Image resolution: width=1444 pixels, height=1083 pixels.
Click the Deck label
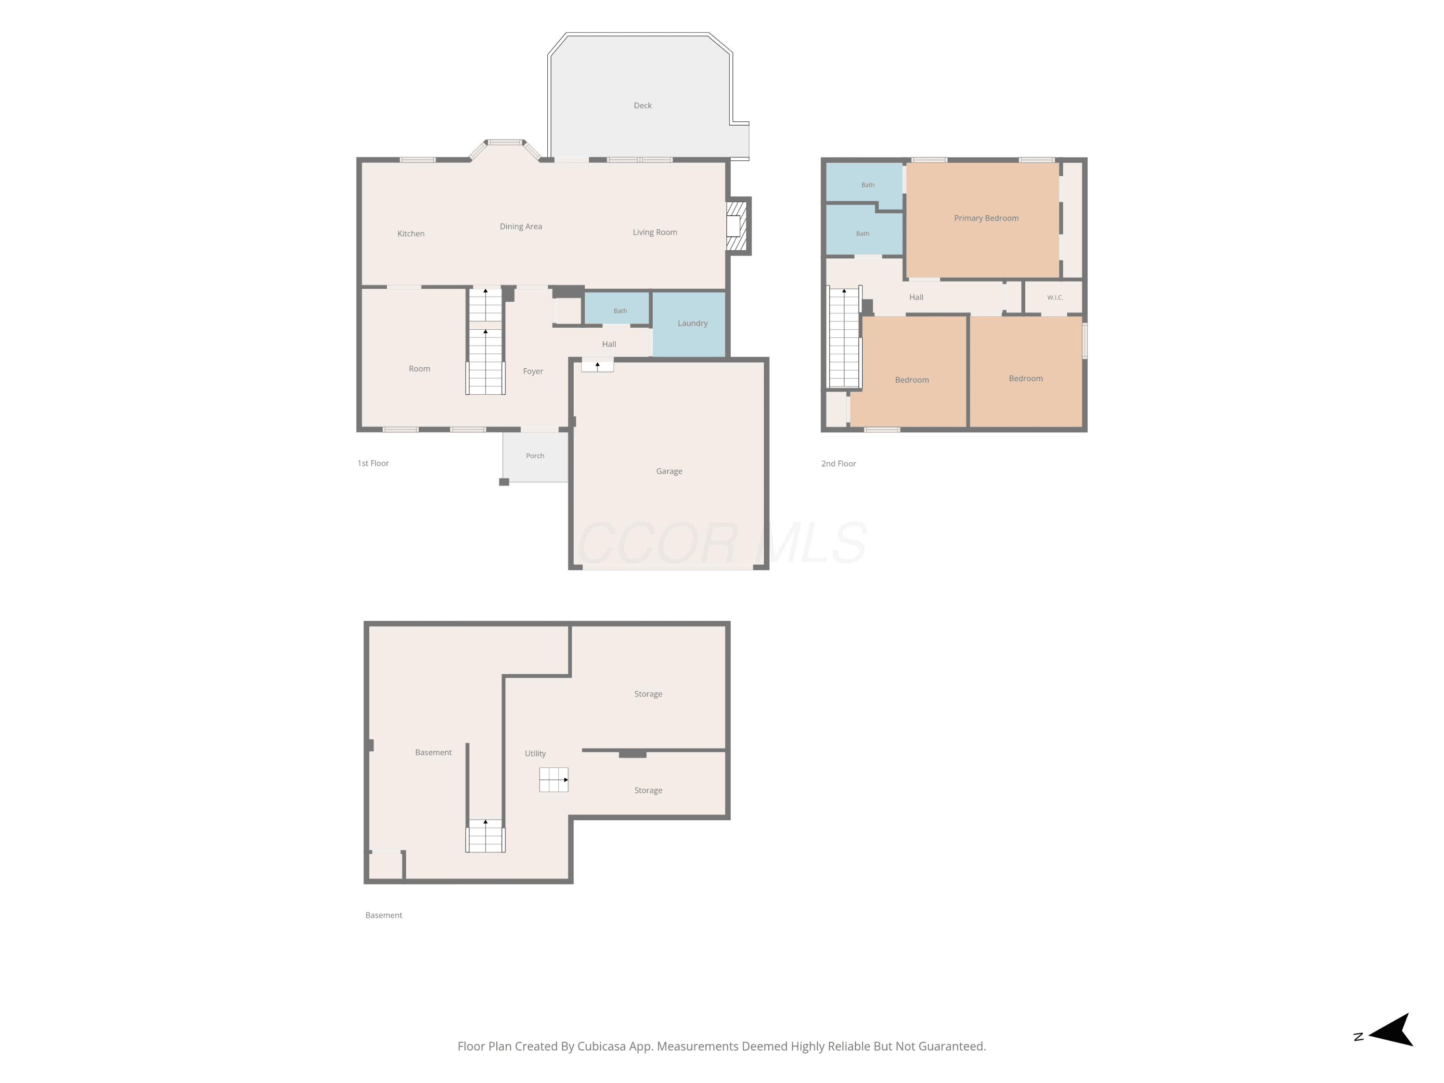(643, 105)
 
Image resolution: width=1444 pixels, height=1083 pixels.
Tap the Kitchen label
(411, 233)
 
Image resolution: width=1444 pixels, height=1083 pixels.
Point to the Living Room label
(655, 232)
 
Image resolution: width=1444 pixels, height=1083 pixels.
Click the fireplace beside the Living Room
(738, 226)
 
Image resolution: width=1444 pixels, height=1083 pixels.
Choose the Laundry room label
(692, 323)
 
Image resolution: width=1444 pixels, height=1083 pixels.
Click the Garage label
(669, 471)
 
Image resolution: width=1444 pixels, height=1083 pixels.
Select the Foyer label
(533, 371)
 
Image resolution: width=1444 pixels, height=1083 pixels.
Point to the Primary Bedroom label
(986, 218)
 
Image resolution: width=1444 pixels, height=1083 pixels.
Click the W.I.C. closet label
(1055, 297)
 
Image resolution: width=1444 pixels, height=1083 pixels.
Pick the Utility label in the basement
(535, 753)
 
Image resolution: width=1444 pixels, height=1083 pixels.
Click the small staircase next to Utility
(554, 779)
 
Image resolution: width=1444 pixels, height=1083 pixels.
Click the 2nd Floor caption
(838, 464)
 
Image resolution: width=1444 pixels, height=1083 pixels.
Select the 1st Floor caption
(373, 463)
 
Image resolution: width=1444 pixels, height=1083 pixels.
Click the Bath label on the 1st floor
(619, 311)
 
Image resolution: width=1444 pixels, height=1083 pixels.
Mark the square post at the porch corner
(504, 482)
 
